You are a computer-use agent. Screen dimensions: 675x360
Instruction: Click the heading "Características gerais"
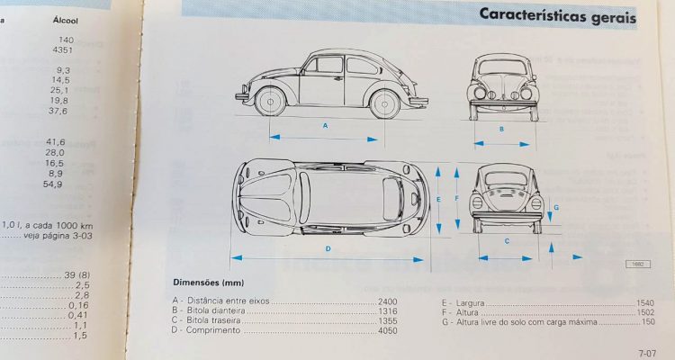[x=557, y=15]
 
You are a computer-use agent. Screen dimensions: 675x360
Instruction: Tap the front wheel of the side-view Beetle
[x=270, y=102]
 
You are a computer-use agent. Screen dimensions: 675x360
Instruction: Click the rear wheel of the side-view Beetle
[x=384, y=104]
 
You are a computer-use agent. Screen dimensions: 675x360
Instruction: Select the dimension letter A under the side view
[x=326, y=126]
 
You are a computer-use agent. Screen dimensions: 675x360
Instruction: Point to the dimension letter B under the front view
[x=501, y=129]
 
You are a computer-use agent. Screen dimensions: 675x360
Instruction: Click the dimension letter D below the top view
[x=328, y=248]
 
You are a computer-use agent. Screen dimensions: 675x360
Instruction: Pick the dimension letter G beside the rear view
[x=556, y=208]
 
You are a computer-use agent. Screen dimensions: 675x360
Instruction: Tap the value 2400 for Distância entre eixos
[x=387, y=301]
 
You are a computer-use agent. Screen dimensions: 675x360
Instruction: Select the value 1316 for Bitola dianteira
[x=387, y=311]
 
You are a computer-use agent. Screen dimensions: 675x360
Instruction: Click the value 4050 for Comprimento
[x=387, y=330]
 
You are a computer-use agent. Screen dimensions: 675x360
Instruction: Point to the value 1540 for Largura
[x=645, y=302]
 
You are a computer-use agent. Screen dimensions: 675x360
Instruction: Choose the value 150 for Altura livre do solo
[x=647, y=321]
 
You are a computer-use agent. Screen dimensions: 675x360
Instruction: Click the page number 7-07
[x=647, y=354]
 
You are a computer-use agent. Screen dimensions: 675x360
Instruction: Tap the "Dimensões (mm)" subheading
[x=209, y=283]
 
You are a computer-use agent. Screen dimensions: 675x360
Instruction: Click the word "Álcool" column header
[x=66, y=20]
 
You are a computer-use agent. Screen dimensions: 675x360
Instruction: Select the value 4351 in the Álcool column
[x=63, y=50]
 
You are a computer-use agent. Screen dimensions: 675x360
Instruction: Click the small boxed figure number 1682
[x=638, y=265]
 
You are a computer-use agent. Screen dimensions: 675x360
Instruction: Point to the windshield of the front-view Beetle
[x=502, y=67]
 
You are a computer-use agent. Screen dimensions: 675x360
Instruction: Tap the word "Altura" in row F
[x=467, y=312]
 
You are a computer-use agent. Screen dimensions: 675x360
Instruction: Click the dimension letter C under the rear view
[x=507, y=241]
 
